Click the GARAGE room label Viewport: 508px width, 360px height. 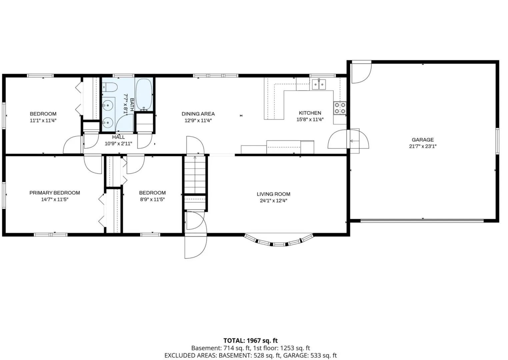423,140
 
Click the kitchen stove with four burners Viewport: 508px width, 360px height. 340,108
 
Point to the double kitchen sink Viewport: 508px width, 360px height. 319,84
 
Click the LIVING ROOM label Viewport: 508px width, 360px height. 274,194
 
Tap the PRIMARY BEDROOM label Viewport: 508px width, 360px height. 55,193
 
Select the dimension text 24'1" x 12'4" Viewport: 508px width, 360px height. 274,201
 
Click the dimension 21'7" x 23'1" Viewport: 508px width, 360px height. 423,146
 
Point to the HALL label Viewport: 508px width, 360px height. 118,137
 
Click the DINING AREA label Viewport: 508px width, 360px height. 198,114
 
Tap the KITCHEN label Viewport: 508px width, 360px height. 310,113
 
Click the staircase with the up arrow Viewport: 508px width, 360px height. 195,175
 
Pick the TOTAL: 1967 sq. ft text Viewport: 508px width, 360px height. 250,340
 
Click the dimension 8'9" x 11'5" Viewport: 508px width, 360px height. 152,199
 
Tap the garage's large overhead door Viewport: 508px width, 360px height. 422,220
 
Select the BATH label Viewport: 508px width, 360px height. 132,103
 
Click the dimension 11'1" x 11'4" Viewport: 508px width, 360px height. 43,120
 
